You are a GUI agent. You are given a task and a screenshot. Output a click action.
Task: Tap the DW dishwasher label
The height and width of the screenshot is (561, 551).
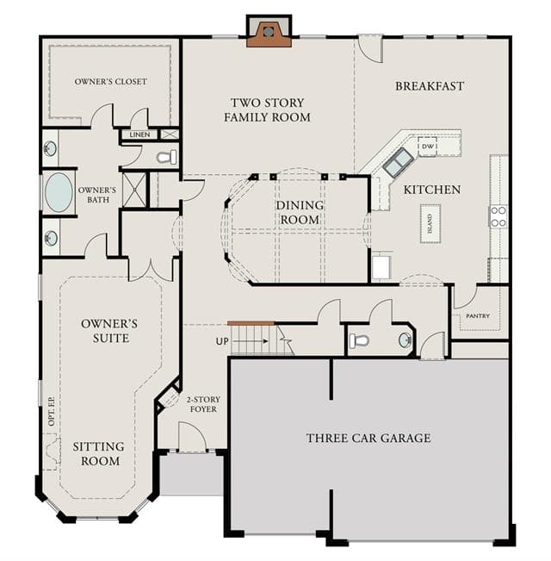tap(428, 146)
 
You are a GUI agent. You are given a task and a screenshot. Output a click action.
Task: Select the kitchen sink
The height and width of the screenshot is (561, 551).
tap(398, 163)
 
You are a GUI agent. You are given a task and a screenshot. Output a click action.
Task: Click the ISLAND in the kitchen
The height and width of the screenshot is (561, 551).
tap(430, 224)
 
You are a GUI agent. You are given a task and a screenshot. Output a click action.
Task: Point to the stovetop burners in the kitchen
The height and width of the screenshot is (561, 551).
tap(498, 216)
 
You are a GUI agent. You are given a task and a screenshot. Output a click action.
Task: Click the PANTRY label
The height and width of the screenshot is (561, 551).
tap(478, 316)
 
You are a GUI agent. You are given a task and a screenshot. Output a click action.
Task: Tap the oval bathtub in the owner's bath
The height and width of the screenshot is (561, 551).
tap(59, 192)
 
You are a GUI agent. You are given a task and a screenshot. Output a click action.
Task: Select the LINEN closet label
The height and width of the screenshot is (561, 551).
tap(139, 134)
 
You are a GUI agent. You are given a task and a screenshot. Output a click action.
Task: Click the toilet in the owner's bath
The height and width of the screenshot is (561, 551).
tap(167, 157)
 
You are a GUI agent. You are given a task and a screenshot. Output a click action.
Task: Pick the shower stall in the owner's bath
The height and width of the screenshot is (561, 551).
tap(134, 190)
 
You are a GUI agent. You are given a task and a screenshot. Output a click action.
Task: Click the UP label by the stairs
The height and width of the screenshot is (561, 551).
tap(222, 341)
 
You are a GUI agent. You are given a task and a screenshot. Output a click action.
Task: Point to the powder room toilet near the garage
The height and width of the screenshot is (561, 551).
tap(359, 341)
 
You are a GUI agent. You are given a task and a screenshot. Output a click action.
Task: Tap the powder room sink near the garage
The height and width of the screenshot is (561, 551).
tap(406, 340)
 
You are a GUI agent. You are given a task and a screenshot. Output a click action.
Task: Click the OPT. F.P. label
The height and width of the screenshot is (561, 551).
tap(52, 411)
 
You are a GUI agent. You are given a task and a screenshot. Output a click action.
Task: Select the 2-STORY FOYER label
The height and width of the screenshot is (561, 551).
tap(203, 404)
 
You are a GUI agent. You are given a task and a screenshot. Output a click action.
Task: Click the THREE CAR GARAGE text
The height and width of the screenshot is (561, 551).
tap(368, 438)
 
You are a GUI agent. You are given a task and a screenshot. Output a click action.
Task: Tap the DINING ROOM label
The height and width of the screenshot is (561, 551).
tap(300, 212)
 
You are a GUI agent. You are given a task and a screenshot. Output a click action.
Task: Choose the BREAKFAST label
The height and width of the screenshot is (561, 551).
tap(430, 86)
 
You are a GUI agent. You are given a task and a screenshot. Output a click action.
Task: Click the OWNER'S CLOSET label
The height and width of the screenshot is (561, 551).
tap(111, 81)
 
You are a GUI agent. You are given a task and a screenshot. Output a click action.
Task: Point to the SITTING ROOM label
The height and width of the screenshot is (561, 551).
tap(99, 453)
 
